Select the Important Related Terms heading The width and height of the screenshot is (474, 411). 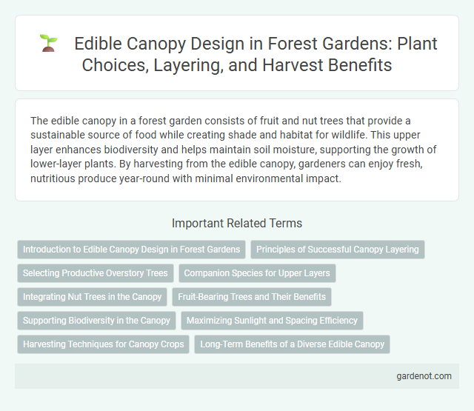click(x=236, y=223)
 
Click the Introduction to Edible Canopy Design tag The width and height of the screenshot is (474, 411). click(x=131, y=250)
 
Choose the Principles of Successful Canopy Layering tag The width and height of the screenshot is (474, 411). click(x=337, y=250)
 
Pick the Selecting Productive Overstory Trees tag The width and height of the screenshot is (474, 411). click(x=96, y=273)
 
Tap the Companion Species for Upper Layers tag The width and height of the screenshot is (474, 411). click(x=257, y=273)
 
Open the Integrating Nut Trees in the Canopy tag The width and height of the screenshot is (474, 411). click(x=92, y=297)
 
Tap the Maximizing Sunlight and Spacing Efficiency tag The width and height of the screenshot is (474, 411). click(x=272, y=321)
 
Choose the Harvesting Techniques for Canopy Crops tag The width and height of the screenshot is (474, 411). click(x=104, y=344)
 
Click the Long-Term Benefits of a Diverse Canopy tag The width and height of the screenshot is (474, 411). click(x=292, y=344)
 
